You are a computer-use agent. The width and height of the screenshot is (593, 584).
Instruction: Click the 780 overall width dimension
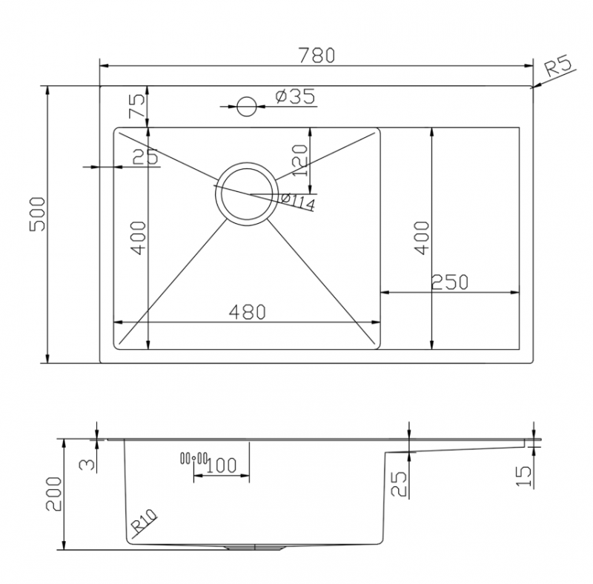317,55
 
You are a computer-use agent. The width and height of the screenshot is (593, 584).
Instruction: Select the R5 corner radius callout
560,69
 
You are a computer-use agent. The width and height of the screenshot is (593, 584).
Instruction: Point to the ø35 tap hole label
294,96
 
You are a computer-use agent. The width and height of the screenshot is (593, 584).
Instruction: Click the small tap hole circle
246,107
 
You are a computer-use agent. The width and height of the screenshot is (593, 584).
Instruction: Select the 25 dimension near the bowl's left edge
145,156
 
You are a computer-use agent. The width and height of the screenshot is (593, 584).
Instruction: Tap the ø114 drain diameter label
299,201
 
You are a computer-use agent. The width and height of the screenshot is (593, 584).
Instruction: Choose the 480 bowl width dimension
246,313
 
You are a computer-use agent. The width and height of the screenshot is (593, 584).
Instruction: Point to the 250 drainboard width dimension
450,282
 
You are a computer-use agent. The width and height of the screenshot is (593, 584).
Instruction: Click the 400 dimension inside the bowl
139,239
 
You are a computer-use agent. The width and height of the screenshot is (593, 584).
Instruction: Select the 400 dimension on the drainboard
421,237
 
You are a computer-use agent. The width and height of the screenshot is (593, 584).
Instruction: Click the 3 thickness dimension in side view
87,464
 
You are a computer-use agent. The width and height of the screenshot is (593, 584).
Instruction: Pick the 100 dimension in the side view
221,465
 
